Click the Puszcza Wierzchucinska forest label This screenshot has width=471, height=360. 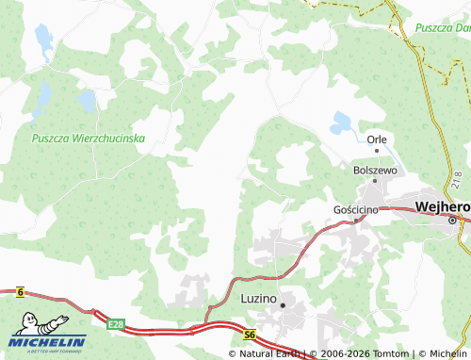[x=88, y=138]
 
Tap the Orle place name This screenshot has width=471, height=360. [x=378, y=139]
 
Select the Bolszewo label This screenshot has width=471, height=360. [x=374, y=170]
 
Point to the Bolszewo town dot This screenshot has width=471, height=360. [x=375, y=181]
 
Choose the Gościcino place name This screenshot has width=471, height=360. [x=356, y=208]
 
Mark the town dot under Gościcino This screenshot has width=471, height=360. [x=356, y=220]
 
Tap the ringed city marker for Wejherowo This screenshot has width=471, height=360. [x=452, y=221]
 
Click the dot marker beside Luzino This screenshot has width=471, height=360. [x=283, y=304]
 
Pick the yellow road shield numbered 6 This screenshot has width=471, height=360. [x=20, y=293]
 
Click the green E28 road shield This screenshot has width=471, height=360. [x=116, y=324]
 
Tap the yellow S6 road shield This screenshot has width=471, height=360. [x=249, y=334]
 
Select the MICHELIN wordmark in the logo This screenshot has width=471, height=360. [x=48, y=341]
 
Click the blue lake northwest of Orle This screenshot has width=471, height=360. [x=341, y=122]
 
